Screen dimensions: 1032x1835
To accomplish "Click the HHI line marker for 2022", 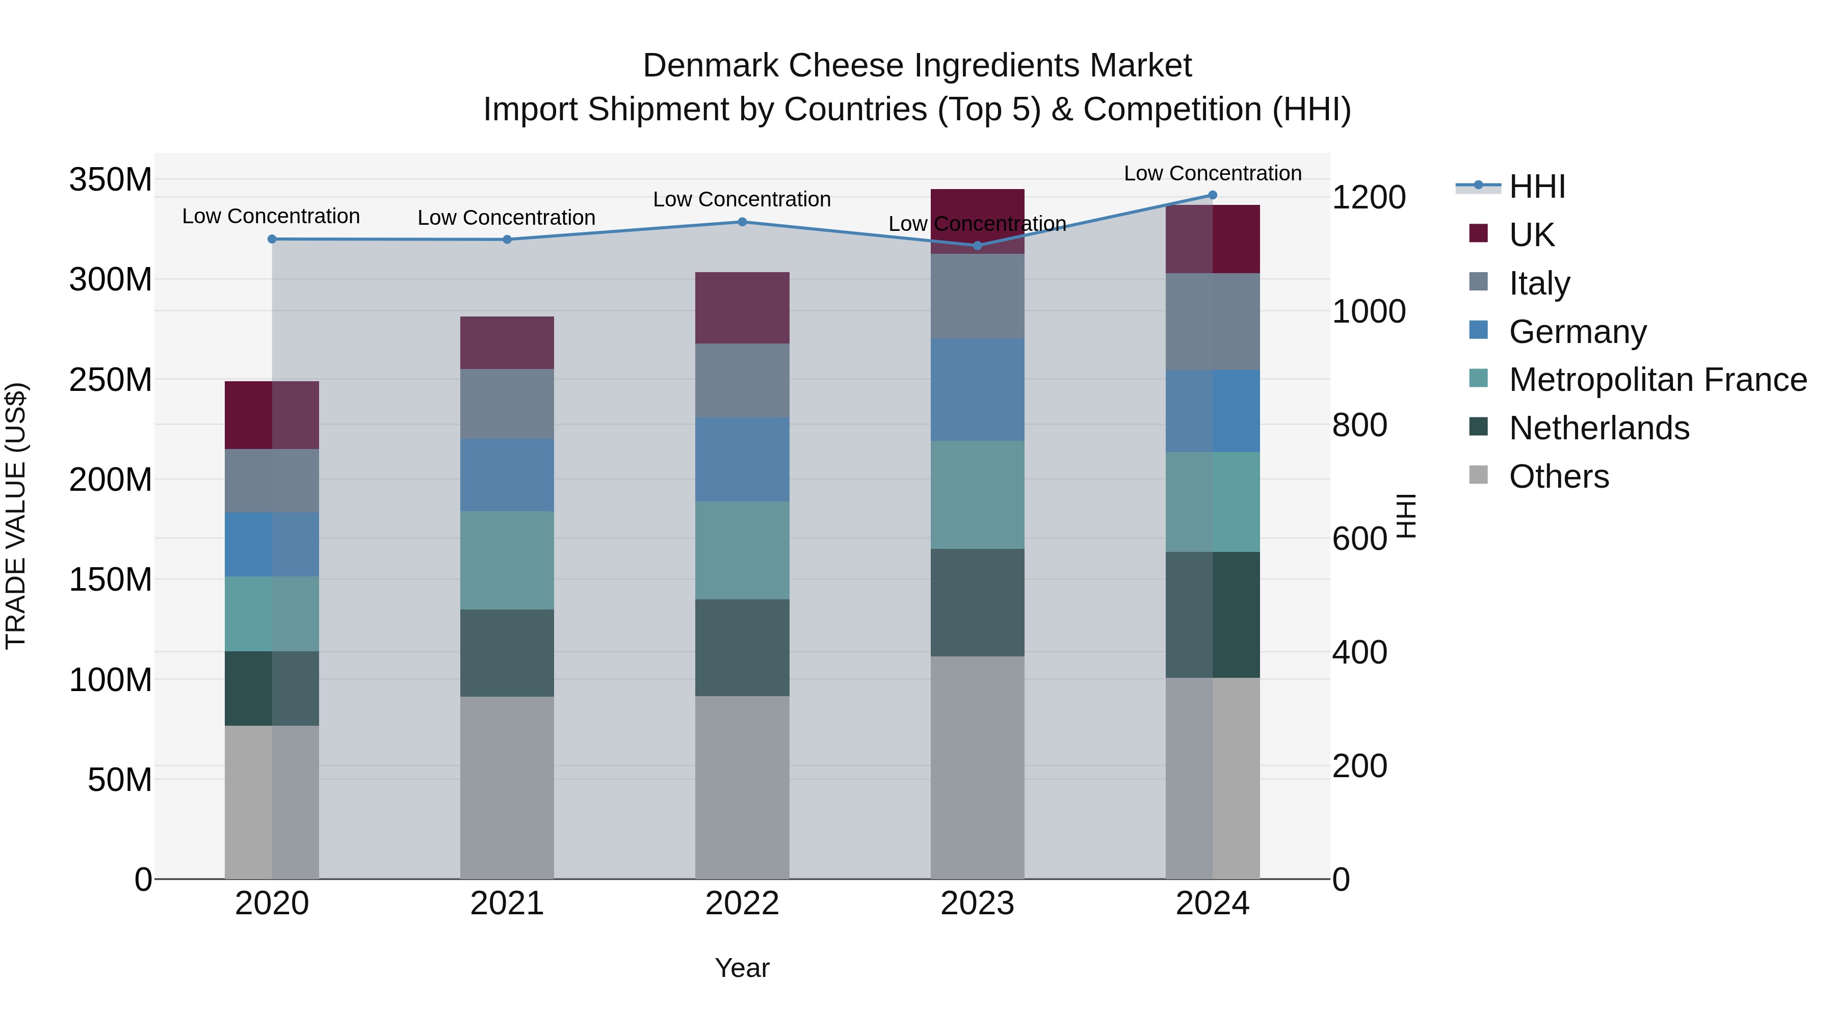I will pos(742,222).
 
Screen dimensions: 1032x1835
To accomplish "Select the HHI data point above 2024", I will pos(1213,195).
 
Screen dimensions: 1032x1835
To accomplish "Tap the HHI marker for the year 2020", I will pos(271,240).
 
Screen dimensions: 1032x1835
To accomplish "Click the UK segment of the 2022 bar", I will pos(742,308).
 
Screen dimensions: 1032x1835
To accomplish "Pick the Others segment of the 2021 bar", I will pos(507,787).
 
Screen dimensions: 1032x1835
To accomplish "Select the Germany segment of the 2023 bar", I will pos(977,389).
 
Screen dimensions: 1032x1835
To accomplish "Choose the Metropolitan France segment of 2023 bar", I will pos(977,494).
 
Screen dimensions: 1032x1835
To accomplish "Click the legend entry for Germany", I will pos(1577,332).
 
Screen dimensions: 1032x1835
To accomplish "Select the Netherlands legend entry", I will pos(1598,428).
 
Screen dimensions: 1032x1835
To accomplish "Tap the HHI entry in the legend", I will pos(1536,187).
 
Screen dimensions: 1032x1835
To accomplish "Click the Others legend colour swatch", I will pos(1478,475).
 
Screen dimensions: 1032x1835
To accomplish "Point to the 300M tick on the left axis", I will pos(111,280).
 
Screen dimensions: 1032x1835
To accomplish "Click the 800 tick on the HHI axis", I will pos(1359,425).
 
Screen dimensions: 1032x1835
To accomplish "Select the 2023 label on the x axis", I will pos(977,904).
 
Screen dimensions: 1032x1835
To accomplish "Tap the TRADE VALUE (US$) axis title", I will pos(16,516).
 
